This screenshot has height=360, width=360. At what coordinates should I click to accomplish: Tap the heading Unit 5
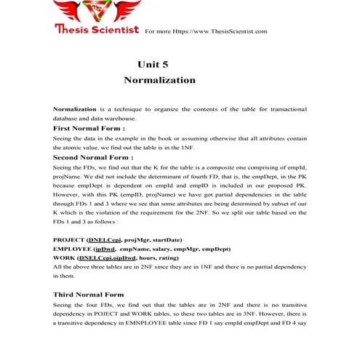coord(153,65)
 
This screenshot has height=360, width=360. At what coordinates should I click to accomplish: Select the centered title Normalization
coord(159,79)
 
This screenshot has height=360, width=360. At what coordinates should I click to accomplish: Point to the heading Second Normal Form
coord(93,157)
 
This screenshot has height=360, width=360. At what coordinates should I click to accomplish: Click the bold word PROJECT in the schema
coord(68,240)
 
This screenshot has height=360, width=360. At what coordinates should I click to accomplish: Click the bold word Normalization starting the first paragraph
coord(76,108)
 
